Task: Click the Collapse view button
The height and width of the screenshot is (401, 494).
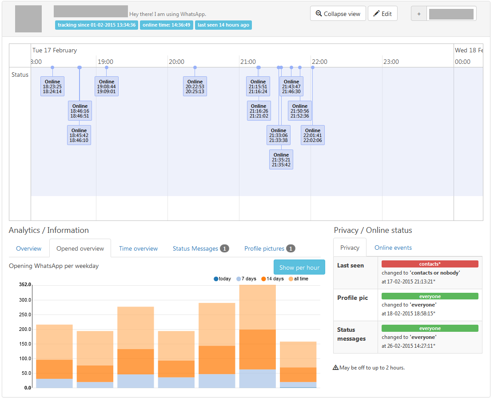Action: tap(338, 14)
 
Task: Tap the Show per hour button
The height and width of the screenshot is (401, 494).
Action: tap(299, 267)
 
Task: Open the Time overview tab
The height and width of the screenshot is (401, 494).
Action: tap(138, 248)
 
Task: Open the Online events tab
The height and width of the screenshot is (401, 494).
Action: tap(393, 248)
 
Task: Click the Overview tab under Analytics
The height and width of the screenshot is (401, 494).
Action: tap(29, 248)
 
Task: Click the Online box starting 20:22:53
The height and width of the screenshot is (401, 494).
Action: tap(195, 86)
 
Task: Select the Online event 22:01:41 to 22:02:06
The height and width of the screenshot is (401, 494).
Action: tap(313, 135)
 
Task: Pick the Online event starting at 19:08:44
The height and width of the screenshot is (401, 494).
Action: tap(107, 86)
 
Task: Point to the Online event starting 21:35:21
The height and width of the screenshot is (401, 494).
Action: tap(281, 160)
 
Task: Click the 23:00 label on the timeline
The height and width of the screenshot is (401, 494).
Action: tap(391, 62)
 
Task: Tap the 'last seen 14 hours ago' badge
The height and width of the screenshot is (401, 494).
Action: tap(223, 25)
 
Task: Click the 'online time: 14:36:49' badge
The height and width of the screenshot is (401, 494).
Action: tap(166, 25)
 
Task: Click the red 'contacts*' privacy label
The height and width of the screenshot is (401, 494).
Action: tap(430, 264)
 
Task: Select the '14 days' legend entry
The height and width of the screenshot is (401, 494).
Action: tap(272, 279)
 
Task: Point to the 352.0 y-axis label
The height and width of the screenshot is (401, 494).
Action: tap(25, 285)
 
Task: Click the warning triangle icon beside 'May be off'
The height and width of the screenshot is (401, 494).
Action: tap(336, 368)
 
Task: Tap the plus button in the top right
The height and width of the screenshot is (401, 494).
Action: tap(418, 14)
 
